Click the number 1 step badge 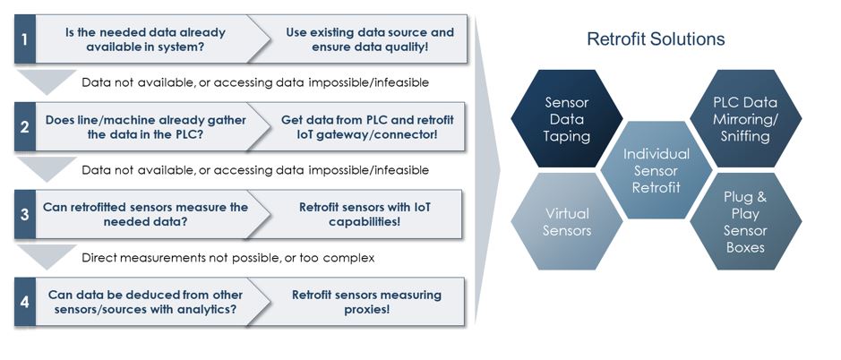click(25, 39)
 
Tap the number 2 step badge click(25, 127)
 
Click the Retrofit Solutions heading click(656, 39)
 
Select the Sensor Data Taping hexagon click(567, 119)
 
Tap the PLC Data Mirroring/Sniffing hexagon click(745, 119)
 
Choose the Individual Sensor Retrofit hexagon click(657, 170)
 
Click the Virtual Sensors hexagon click(567, 222)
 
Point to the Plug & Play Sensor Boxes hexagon click(745, 221)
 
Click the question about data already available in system click(145, 39)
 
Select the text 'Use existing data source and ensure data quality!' click(369, 39)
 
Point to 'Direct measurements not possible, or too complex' click(227, 258)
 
